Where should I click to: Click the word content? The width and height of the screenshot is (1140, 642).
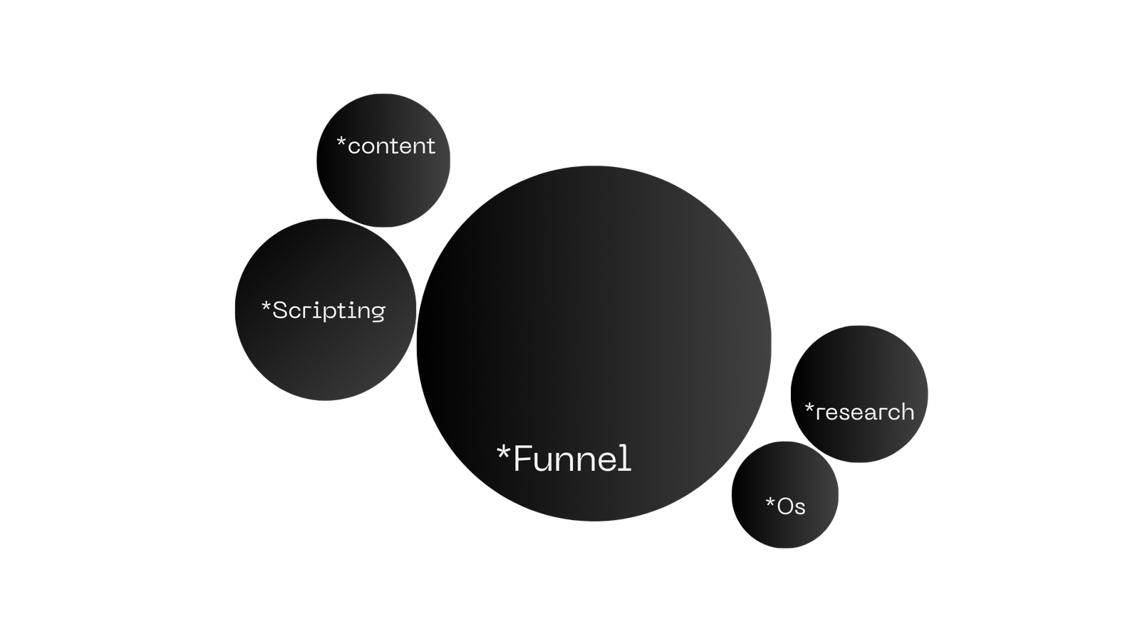(x=391, y=146)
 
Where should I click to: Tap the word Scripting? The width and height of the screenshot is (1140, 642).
(x=329, y=311)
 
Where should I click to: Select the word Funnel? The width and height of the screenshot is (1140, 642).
(x=572, y=459)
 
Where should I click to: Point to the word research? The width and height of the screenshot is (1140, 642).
(x=865, y=412)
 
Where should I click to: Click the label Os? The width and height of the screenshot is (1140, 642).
(x=791, y=506)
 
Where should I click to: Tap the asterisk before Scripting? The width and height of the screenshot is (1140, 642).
(x=266, y=307)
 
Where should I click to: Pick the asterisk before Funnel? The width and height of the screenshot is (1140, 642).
(x=504, y=453)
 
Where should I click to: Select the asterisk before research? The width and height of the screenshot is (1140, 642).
(x=809, y=409)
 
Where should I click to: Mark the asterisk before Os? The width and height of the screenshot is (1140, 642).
(x=770, y=504)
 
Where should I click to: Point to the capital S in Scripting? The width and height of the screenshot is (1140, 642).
(x=281, y=310)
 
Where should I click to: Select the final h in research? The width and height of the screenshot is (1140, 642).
(x=906, y=411)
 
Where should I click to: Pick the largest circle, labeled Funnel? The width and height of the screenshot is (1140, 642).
(x=594, y=321)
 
